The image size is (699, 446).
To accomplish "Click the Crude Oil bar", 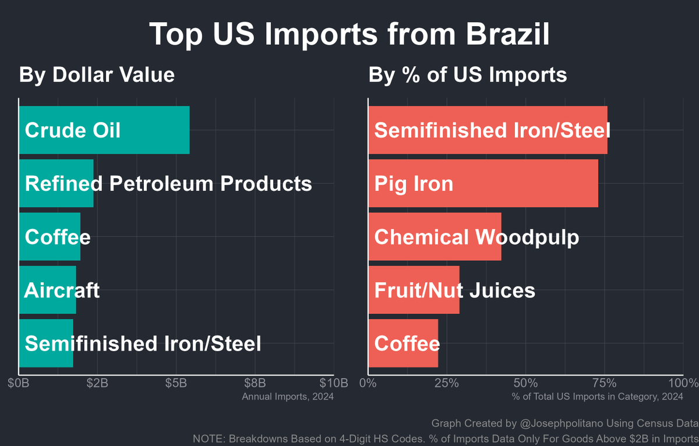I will coord(104,130).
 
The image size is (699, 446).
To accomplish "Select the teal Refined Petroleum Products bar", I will coord(57,183).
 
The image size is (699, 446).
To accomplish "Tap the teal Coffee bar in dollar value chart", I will coord(50,237).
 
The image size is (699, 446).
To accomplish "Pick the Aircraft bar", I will coord(48,290).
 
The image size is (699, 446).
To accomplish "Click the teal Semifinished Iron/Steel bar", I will coord(46,344).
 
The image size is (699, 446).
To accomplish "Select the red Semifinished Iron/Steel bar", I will coord(488,130).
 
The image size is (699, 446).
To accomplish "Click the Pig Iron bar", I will coord(483,183).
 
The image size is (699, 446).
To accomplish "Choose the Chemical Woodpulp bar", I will coord(435,237).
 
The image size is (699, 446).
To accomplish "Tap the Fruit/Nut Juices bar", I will coord(414,290).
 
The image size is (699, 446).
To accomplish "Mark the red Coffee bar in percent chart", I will coord(403,344).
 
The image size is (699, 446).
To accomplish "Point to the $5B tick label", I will coord(175,383).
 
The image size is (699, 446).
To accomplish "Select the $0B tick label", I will coord(19,383).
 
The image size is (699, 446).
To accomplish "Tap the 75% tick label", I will coord(604,383).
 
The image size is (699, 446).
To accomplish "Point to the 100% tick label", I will coord(683,383).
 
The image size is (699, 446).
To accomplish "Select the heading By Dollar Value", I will coord(97,75).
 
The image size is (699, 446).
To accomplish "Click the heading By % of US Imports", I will coord(468,75).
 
